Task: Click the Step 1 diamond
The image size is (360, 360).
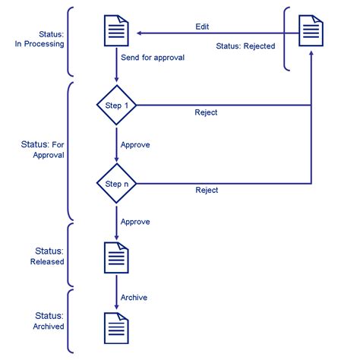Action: (116, 105)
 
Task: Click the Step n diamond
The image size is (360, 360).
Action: (116, 183)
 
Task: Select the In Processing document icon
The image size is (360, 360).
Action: (116, 30)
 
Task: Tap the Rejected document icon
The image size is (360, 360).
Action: (311, 30)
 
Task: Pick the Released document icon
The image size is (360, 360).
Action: (116, 257)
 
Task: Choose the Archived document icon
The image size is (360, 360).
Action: (116, 328)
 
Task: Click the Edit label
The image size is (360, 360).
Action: (202, 27)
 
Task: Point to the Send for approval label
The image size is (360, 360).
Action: (153, 58)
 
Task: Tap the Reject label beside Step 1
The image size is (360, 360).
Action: (206, 112)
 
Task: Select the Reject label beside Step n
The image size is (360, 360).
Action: (207, 190)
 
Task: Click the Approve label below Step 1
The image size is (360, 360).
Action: (135, 145)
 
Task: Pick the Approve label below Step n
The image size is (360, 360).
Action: (135, 222)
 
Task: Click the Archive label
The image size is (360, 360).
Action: (134, 298)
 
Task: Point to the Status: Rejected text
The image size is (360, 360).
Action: (245, 46)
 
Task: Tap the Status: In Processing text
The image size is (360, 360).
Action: (39, 39)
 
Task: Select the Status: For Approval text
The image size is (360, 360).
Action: (43, 150)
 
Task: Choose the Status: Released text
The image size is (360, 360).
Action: (47, 256)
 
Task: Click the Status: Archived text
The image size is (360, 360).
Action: (49, 321)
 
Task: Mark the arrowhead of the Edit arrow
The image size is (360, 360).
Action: (139, 33)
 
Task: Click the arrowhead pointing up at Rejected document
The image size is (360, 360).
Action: (311, 53)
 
